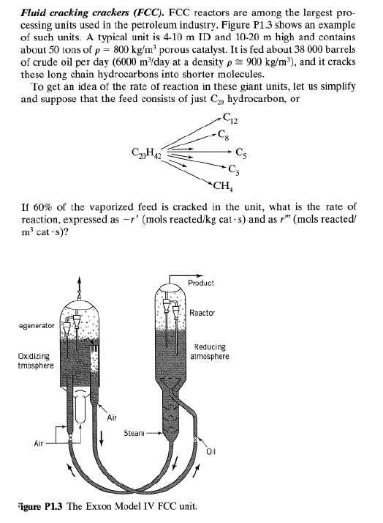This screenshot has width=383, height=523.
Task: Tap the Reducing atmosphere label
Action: [210, 352]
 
